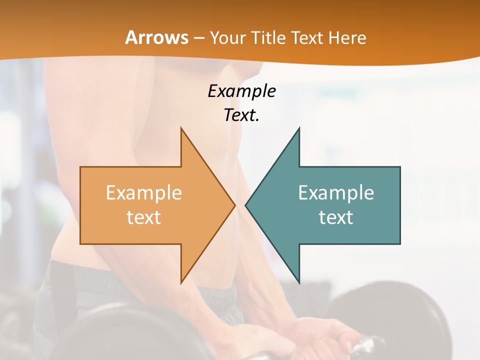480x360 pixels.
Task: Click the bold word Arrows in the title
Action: pyautogui.click(x=156, y=37)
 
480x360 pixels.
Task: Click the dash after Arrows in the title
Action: pyautogui.click(x=198, y=38)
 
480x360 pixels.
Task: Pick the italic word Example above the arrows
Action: pyautogui.click(x=241, y=91)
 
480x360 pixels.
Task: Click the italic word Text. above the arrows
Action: pyautogui.click(x=241, y=115)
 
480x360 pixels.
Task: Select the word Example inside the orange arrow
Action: pyautogui.click(x=144, y=192)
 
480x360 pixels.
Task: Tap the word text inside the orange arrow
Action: pyautogui.click(x=144, y=217)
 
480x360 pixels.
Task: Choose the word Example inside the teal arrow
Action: pyautogui.click(x=336, y=192)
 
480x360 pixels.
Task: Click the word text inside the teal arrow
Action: pyautogui.click(x=336, y=217)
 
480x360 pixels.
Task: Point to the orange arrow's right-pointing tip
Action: pyautogui.click(x=234, y=205)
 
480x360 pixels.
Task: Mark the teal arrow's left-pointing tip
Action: pyautogui.click(x=246, y=205)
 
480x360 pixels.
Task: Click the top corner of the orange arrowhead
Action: pyautogui.click(x=181, y=128)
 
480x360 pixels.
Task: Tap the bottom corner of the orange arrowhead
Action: pyautogui.click(x=181, y=282)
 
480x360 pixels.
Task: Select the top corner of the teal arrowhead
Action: pyautogui.click(x=299, y=128)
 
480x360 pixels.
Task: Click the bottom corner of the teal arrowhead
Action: pyautogui.click(x=299, y=282)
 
